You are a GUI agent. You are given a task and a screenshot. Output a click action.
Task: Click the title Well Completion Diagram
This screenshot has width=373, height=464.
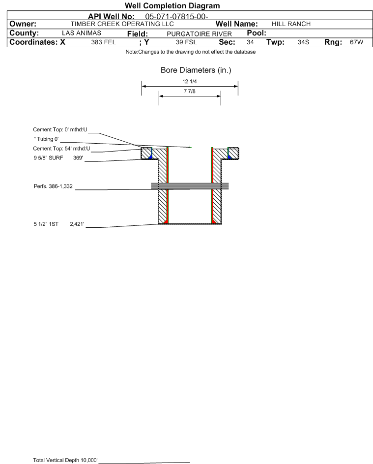[x=172, y=5]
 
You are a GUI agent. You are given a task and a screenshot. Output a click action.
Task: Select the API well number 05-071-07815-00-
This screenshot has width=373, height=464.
[x=177, y=17]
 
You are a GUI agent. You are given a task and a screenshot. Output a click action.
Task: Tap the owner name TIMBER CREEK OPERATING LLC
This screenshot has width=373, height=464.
[x=122, y=24]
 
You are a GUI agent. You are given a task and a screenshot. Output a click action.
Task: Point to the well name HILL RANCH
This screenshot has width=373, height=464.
[x=291, y=24]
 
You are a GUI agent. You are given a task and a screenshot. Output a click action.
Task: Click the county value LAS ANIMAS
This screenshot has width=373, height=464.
[x=82, y=33]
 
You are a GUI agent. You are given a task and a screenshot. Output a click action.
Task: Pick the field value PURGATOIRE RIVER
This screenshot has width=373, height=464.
[x=199, y=34]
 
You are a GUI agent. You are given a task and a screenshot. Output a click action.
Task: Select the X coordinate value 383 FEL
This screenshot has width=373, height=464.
[x=103, y=42]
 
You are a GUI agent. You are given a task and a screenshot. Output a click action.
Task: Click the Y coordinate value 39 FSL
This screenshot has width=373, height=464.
[x=186, y=42]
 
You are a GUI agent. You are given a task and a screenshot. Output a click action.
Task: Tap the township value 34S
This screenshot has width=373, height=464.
[x=303, y=42]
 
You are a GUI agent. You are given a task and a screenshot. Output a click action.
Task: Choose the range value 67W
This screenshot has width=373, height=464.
[x=356, y=42]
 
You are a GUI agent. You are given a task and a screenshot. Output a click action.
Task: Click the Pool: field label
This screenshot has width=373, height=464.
[x=257, y=33]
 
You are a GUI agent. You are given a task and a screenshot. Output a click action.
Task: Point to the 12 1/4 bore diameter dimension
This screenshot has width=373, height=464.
[x=190, y=81]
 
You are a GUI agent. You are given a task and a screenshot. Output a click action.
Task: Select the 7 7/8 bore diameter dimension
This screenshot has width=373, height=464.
[x=190, y=92]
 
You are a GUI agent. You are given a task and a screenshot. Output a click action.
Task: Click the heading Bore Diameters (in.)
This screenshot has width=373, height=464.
[x=196, y=70]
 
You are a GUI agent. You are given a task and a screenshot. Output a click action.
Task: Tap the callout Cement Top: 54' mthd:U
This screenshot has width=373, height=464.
[x=61, y=149]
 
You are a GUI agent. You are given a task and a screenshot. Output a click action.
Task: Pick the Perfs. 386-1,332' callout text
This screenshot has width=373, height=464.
[x=54, y=186]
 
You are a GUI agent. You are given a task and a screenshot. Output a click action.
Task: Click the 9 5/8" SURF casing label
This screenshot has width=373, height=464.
[x=48, y=158]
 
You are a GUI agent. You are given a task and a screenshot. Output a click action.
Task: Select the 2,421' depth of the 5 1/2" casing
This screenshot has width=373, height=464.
[x=77, y=224]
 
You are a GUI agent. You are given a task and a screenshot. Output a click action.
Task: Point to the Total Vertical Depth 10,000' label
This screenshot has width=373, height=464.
[x=65, y=460]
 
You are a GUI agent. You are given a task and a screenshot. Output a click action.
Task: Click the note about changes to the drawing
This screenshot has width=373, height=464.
[x=191, y=52]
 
